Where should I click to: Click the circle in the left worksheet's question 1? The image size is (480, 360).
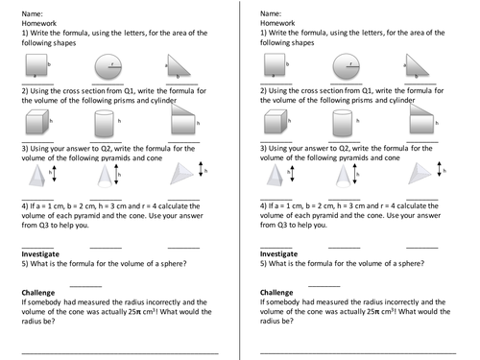coord(108,67)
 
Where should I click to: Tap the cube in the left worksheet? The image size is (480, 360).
coord(37,122)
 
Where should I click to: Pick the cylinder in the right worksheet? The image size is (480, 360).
coord(343,123)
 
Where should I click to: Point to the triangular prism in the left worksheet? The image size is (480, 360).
coord(183,119)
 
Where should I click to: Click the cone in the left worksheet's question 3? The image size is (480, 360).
coord(105,176)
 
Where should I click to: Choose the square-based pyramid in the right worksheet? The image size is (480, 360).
coord(275,175)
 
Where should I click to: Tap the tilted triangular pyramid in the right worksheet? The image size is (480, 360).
coord(420,174)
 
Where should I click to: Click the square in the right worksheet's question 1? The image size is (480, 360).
coord(275,65)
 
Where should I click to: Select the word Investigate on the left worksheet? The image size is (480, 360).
coord(40,254)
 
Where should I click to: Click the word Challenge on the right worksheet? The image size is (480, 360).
coord(276,293)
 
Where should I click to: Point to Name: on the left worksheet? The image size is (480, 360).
coord(32,13)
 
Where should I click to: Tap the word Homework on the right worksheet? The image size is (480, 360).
coord(277,23)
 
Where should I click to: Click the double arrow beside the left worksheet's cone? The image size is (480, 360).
coord(116,175)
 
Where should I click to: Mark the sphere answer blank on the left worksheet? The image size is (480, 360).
coord(85,286)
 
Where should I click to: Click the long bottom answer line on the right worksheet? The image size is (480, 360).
coord(358,353)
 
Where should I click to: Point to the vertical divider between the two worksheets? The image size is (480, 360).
coord(239,180)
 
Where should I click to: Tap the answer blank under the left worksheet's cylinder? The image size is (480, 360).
coord(106,142)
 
